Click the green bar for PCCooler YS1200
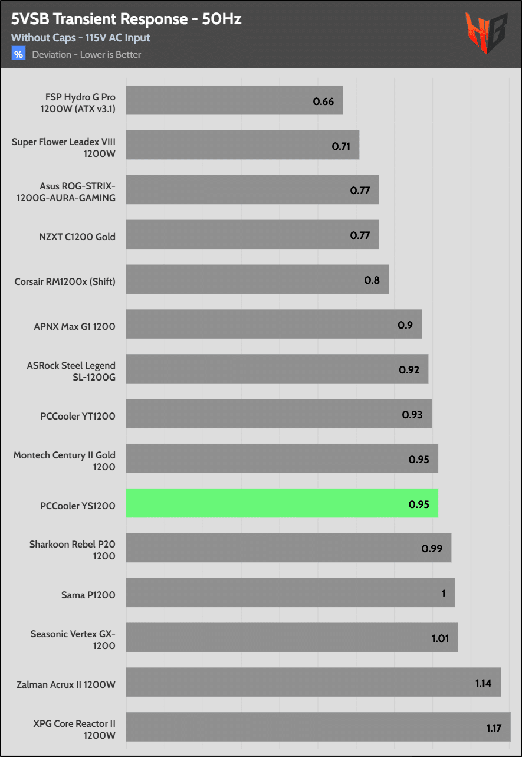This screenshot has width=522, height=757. coord(282,503)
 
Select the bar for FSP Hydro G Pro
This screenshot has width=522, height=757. coord(234,100)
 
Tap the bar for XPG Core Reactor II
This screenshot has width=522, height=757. coord(318,727)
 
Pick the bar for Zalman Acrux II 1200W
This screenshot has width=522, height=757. coord(313,682)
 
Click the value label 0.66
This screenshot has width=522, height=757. coord(323,101)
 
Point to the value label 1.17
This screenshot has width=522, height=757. coord(494,728)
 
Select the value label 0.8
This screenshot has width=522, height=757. coord(372,280)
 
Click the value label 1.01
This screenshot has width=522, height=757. coord(441,638)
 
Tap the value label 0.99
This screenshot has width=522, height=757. coord(432,549)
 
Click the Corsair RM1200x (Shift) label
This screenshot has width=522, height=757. coord(65,281)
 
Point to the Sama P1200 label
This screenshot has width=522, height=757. coord(88,595)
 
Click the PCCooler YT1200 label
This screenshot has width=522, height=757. coord(78,416)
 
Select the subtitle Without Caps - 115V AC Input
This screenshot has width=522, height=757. coord(80,38)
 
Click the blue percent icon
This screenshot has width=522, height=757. coord(19,54)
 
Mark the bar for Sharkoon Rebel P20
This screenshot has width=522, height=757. coord(288,548)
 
